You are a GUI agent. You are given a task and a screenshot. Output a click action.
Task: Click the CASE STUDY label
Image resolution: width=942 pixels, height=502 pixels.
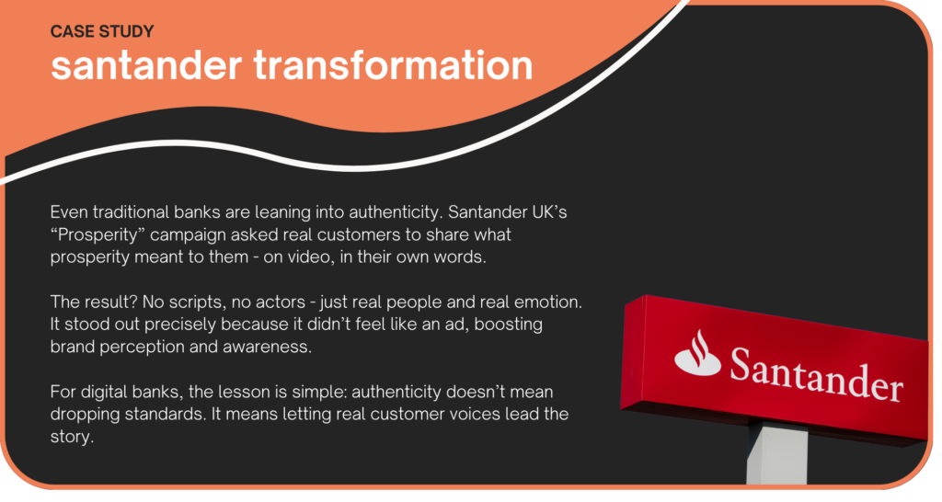pos(102,32)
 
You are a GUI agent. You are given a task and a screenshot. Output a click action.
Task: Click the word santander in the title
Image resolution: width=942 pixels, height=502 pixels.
pos(146,65)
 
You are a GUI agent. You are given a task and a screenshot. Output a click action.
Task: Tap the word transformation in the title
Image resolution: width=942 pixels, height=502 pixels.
pos(394,65)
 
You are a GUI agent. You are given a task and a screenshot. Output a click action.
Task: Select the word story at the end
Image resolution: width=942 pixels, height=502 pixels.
pos(72,437)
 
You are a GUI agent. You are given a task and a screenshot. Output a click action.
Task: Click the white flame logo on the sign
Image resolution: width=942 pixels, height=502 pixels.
pos(697,353)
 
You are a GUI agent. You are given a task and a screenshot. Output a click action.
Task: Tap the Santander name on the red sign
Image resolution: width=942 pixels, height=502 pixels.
pos(816,375)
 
